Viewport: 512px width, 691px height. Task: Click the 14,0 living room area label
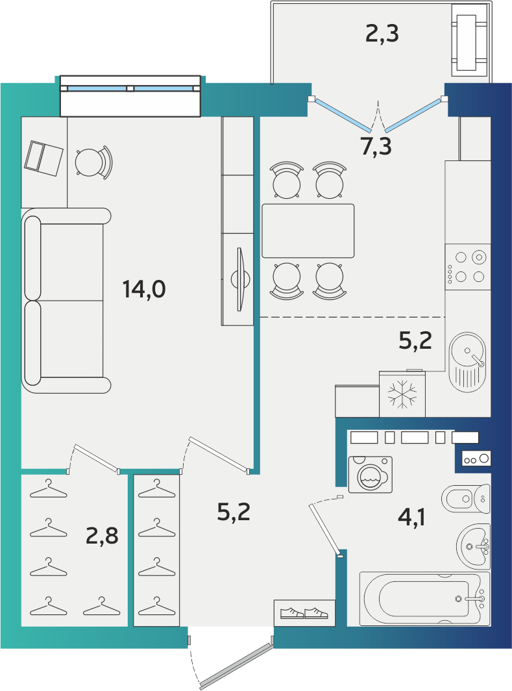(x=144, y=290)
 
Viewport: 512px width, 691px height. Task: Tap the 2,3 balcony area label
(x=382, y=34)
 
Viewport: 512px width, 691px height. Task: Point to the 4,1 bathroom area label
(x=411, y=517)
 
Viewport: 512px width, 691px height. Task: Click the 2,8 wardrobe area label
(x=102, y=536)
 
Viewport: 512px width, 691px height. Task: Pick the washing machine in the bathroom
(x=371, y=475)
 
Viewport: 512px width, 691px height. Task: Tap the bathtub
(x=425, y=599)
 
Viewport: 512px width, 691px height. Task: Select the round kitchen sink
(x=467, y=362)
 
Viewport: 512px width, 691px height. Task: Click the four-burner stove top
(x=468, y=267)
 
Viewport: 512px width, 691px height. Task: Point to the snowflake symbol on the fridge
(x=402, y=394)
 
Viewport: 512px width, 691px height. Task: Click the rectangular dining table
(x=308, y=231)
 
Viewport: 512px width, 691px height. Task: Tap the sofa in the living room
(x=66, y=301)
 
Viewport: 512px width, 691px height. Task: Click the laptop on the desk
(x=43, y=158)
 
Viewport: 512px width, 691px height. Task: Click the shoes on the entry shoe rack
(x=304, y=612)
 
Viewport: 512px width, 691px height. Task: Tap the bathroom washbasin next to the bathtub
(x=473, y=546)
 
